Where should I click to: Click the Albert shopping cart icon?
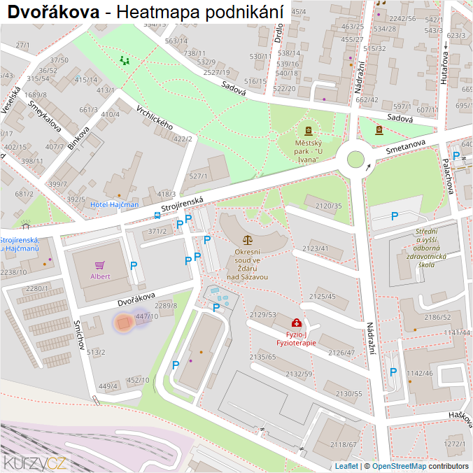tap(100, 265)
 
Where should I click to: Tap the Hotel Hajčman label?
tap(114, 204)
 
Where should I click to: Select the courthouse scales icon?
tap(247, 239)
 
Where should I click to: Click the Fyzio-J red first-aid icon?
tap(297, 323)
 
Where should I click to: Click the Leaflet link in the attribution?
tap(346, 466)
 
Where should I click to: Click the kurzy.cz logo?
tap(35, 462)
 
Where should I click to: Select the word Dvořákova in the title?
tap(52, 12)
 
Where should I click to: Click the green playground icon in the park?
tap(125, 60)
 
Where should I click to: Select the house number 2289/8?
tap(166, 306)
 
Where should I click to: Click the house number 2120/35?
tap(328, 206)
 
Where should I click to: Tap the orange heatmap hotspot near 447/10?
tap(124, 323)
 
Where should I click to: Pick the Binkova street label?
tap(79, 138)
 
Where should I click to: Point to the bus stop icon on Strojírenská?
tap(156, 216)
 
